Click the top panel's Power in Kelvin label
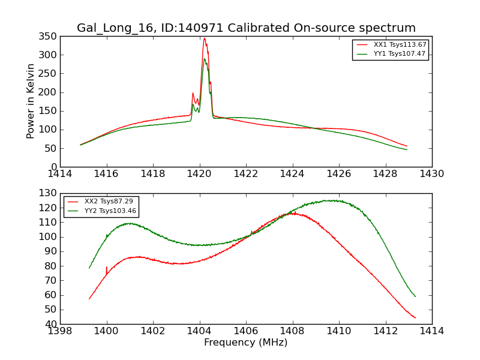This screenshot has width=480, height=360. tap(31, 101)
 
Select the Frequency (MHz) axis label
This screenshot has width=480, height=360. tap(245, 343)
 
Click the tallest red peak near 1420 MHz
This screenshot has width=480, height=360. tap(204, 38)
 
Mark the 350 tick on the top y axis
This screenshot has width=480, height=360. tap(49, 36)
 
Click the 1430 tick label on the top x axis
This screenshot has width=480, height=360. tap(431, 173)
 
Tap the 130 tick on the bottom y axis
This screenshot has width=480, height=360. tap(49, 193)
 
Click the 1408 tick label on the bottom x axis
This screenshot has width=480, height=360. tap(292, 331)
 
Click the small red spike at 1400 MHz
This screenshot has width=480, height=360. tap(106, 268)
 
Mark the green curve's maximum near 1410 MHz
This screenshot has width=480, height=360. tap(328, 200)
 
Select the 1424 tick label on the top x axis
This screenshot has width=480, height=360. tap(292, 173)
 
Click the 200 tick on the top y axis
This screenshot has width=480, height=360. tap(49, 92)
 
